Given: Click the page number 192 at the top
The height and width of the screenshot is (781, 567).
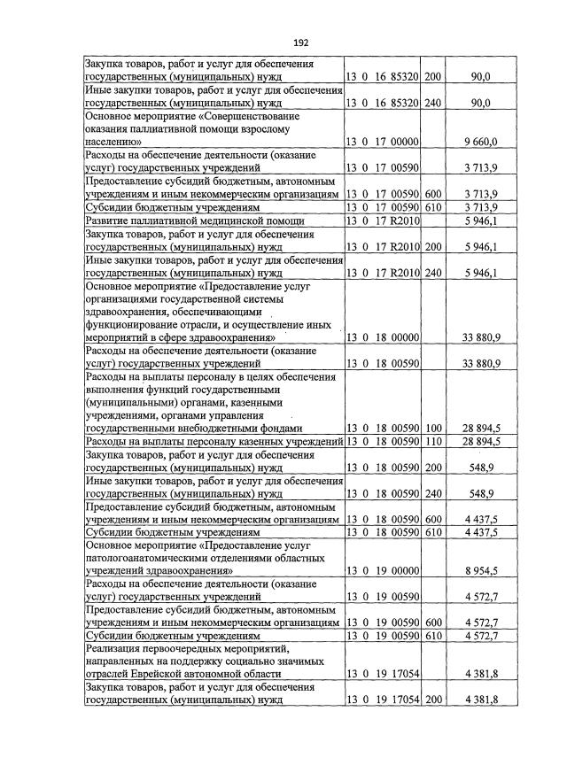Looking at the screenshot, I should tap(300, 42).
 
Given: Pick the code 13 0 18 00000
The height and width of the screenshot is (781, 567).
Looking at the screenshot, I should tap(382, 338).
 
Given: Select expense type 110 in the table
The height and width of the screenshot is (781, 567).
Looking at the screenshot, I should tap(432, 441).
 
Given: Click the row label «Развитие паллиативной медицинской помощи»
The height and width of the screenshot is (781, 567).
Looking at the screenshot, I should tap(194, 220).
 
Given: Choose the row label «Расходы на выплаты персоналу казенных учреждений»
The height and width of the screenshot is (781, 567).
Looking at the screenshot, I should tap(214, 441).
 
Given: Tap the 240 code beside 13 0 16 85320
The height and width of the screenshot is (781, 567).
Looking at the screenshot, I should tap(432, 104).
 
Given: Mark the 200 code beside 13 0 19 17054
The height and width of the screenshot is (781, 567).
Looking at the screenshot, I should tap(432, 700).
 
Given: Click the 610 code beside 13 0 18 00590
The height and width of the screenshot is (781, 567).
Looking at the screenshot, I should tap(432, 532).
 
